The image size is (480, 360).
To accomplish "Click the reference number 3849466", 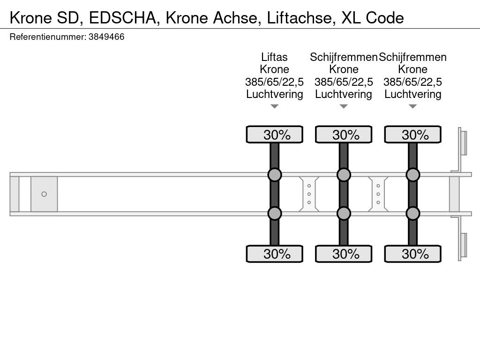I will pos(106,37).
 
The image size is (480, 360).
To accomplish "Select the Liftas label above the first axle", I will pos(274,57).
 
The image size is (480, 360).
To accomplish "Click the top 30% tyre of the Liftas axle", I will pos(275,135).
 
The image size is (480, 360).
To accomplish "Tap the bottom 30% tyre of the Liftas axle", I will pos(275,254).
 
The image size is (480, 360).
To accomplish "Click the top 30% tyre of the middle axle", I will pos(344,135).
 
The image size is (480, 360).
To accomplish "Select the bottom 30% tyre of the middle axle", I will pos(344,254).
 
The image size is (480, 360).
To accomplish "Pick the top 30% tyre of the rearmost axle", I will pos(412,135).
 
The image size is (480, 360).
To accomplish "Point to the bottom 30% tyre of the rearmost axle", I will pos(412,254).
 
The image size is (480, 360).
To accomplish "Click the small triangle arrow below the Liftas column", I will pos(275,107).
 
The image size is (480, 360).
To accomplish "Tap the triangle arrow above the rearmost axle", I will pos(412,107).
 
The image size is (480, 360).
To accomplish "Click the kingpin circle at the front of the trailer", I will pos(44,194).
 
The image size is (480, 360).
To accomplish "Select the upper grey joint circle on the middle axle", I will pos(344,175).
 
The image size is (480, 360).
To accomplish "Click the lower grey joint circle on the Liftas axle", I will pos(275,214).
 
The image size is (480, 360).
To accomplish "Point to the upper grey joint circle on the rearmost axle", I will pos(412,175).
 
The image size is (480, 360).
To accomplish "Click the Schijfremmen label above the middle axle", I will pos(344,57).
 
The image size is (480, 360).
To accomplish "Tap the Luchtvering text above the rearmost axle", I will pos(412,94).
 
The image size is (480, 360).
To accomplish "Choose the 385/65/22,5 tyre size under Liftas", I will pos(274,82).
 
